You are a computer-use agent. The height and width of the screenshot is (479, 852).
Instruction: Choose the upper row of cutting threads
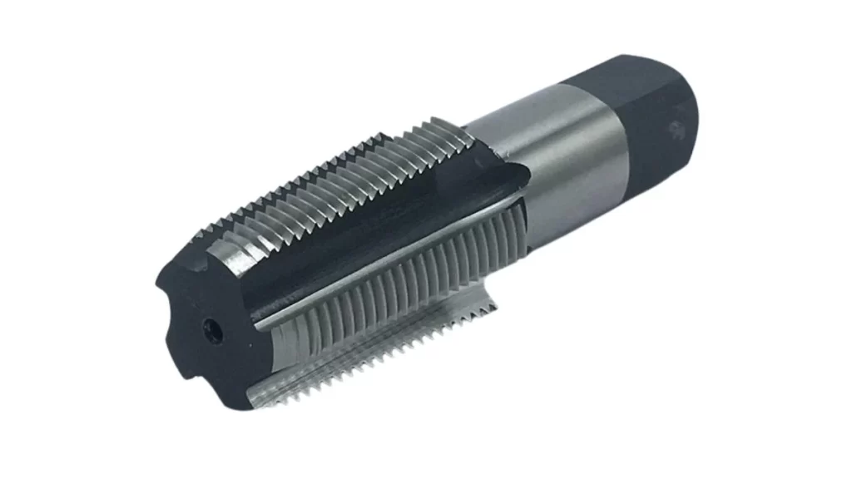click(x=333, y=179)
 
